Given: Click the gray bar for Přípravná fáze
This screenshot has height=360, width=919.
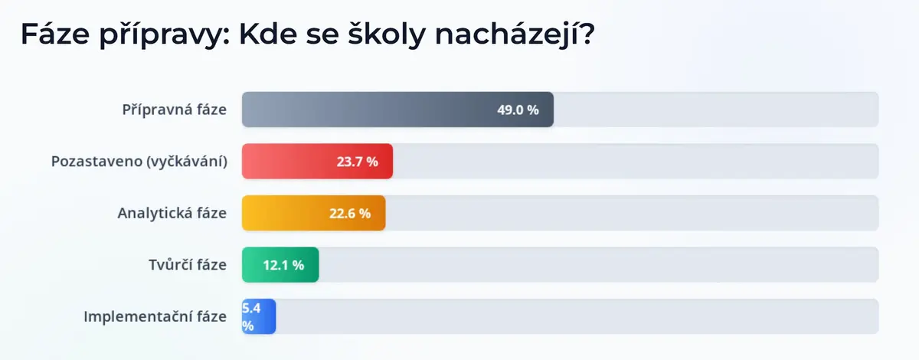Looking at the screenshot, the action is coord(397,110).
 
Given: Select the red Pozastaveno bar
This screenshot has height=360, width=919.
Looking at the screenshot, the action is coord(317,162).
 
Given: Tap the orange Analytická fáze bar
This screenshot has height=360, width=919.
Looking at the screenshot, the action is coord(313,213).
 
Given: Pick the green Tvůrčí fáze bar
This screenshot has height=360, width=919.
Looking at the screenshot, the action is coord(280,265).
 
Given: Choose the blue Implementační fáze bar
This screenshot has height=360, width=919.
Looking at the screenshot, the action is coord(259,316).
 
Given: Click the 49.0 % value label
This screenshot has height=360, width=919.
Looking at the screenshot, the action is coord(518,110).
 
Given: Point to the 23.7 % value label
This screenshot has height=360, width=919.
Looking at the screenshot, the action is coord(358,162).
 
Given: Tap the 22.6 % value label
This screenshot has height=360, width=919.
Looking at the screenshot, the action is coord(350,214).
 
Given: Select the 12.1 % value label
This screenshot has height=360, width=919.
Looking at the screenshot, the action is coord(283,265).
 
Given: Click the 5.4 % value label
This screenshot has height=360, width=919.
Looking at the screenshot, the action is coord(251,317).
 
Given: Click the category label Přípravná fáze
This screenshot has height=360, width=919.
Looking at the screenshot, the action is coord(175,110).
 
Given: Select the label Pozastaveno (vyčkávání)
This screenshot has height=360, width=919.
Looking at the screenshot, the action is coord(139,162).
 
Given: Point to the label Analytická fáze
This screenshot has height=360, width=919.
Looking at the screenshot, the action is coord(172,213).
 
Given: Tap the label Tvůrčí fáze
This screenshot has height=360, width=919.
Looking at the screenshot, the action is coord(188,265).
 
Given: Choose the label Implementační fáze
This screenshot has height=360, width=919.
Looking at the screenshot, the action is coord(155,316).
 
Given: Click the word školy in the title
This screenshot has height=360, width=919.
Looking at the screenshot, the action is coord(387,34).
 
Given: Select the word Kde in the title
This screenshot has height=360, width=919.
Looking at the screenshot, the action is coord(268,34).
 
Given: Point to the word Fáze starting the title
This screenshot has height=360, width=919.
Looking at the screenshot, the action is coord(55,34).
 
